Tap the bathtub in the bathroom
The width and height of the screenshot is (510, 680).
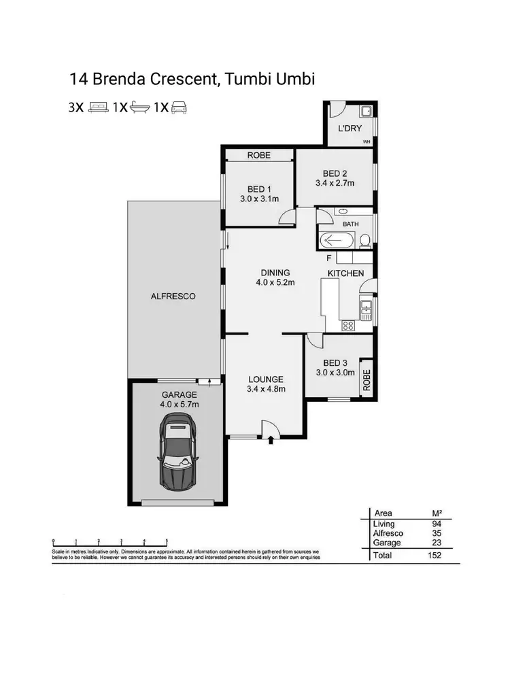(337, 240)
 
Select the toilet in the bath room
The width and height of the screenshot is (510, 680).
(365, 240)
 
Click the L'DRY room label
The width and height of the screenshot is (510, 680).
(350, 128)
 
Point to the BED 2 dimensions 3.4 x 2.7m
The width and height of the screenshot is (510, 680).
(335, 183)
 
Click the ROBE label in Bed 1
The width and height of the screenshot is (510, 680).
(258, 155)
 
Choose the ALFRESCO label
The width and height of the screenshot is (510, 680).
(173, 296)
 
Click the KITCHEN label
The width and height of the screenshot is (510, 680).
(345, 273)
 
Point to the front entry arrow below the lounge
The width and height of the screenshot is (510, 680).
(271, 441)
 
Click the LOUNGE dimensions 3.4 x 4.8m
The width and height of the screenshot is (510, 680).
(265, 390)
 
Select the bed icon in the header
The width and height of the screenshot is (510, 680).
(98, 107)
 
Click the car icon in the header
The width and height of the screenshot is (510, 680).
(179, 107)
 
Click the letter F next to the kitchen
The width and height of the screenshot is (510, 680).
(329, 258)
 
